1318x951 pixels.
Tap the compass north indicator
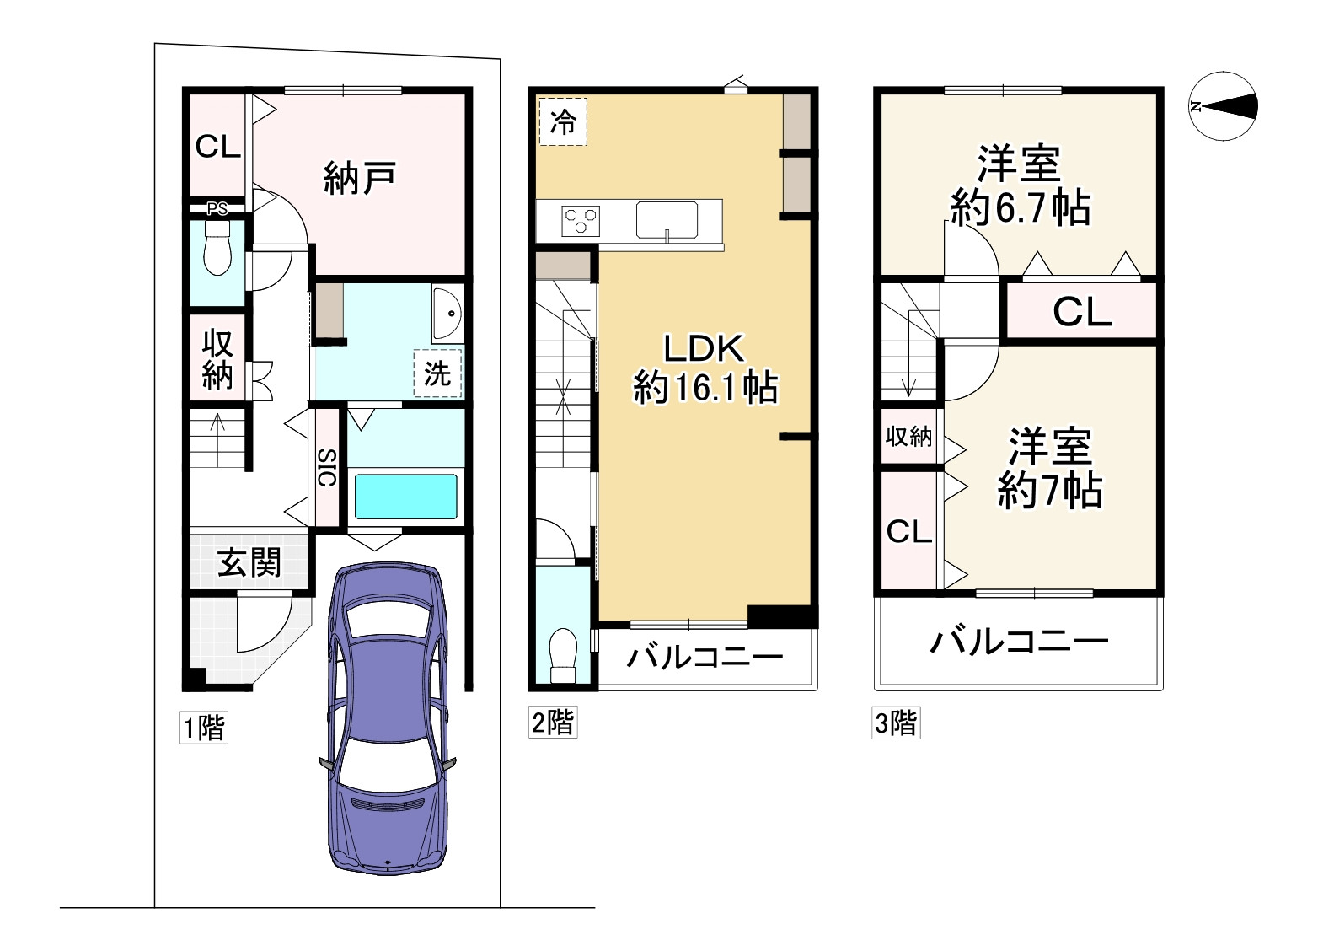pyautogui.click(x=1223, y=106)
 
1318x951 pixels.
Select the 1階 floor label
pyautogui.click(x=204, y=728)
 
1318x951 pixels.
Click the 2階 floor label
pyautogui.click(x=553, y=722)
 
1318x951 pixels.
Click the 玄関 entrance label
pyautogui.click(x=249, y=563)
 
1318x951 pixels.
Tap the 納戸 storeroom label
pyautogui.click(x=359, y=177)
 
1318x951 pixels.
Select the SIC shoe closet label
pyautogui.click(x=327, y=468)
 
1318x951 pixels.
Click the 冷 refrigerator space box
pyautogui.click(x=563, y=121)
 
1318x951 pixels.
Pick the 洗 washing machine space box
pyautogui.click(x=437, y=373)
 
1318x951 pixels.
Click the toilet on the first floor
pyautogui.click(x=217, y=248)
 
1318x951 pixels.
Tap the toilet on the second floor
pyautogui.click(x=563, y=655)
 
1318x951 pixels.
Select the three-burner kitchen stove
pyautogui.click(x=580, y=221)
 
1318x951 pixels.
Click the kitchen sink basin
pyautogui.click(x=667, y=220)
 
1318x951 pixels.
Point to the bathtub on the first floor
pyautogui.click(x=405, y=497)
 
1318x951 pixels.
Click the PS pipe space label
pyautogui.click(x=217, y=209)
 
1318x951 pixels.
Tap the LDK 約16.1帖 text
pyautogui.click(x=705, y=368)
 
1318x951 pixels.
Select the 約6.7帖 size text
pyautogui.click(x=1021, y=207)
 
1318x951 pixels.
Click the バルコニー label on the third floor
pyautogui.click(x=1019, y=642)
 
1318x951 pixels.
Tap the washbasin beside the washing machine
pyautogui.click(x=447, y=314)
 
